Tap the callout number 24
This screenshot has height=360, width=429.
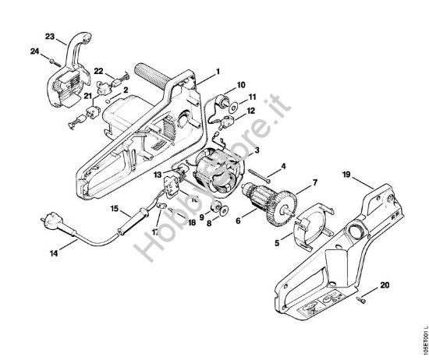click(35, 53)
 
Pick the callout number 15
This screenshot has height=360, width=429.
click(114, 209)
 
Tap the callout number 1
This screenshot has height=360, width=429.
click(218, 71)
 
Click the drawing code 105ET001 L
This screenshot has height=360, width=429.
click(422, 325)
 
